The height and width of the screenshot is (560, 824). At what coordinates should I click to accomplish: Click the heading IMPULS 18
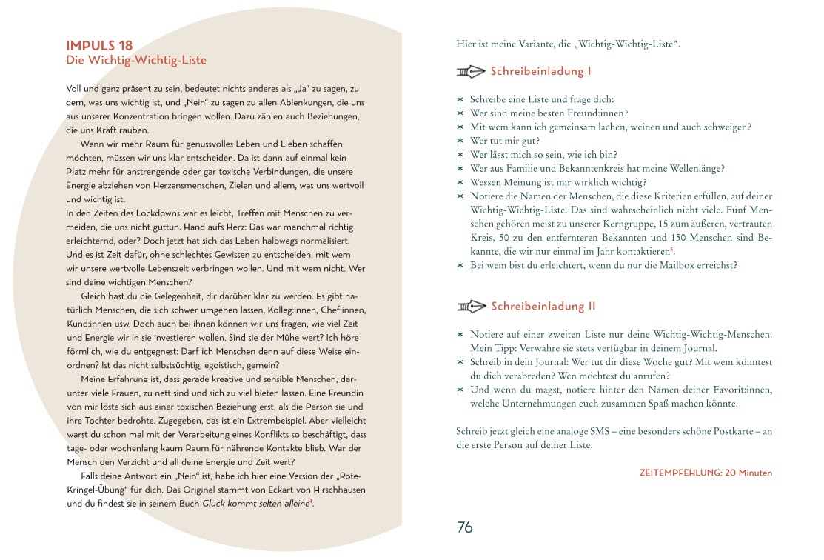coord(99,45)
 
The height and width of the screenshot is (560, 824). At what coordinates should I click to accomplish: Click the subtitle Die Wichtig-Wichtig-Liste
coord(136,60)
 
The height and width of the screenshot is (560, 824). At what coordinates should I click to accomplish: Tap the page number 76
coord(465,527)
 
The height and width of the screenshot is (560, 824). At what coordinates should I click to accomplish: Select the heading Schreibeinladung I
coord(540,72)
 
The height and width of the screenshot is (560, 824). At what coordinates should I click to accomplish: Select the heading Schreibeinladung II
coord(543,306)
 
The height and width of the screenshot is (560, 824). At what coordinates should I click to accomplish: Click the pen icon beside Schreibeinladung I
coord(471,72)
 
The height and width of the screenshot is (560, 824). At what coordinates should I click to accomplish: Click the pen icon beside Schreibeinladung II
coord(471,306)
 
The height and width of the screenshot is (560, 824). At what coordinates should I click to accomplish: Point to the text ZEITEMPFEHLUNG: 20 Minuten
coord(705,473)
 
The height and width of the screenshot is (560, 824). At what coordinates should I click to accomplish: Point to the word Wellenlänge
coord(696,168)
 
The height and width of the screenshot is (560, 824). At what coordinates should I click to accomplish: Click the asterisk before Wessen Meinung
coord(460,182)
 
